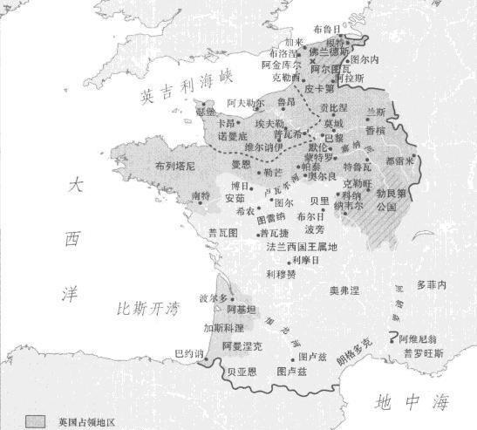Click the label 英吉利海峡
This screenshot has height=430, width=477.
tap(178, 86)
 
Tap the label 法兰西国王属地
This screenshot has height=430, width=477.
tap(301, 247)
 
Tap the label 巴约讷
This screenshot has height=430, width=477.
tap(187, 353)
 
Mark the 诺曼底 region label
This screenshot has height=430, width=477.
tap(233, 136)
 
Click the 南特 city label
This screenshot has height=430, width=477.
tap(201, 196)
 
